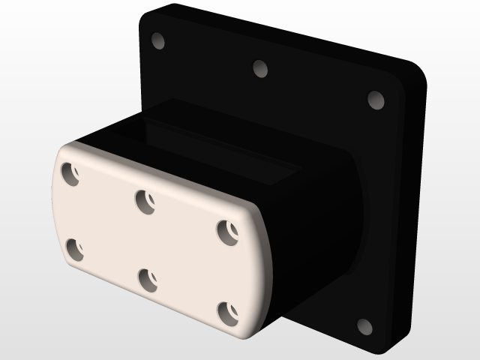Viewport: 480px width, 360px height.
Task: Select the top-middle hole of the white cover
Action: click(x=145, y=201)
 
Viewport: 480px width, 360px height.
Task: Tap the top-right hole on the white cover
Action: click(x=227, y=230)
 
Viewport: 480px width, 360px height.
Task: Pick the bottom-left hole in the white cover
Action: click(x=74, y=249)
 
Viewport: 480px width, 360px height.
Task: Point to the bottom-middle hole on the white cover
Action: click(x=148, y=280)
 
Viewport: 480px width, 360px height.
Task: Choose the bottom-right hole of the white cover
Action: click(x=226, y=312)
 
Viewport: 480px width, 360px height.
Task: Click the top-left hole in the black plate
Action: click(x=157, y=40)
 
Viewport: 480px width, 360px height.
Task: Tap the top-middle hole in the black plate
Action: click(x=260, y=69)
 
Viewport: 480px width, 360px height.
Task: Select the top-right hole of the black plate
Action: click(x=376, y=100)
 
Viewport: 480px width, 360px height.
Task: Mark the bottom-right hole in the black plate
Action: click(x=364, y=327)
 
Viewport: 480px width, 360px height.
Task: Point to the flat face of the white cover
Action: click(x=150, y=240)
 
